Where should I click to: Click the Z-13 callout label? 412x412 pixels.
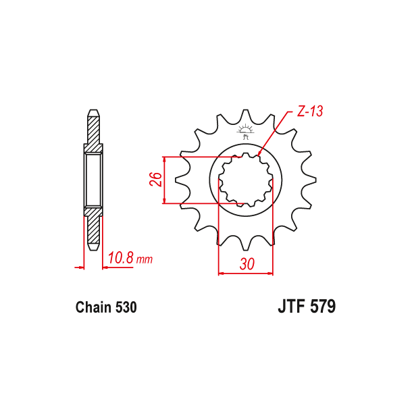point(310,111)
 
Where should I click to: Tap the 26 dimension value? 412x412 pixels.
point(155,180)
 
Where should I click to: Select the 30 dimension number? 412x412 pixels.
point(247,265)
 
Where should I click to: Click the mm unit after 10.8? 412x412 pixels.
point(145,259)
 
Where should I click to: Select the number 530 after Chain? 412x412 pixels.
point(126,307)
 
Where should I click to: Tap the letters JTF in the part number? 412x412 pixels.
point(292,307)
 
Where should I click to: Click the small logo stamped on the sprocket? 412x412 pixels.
point(246,131)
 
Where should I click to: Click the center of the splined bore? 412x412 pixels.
point(246,180)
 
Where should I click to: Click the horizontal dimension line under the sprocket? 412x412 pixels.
point(246,274)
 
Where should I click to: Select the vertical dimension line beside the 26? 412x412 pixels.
point(164,180)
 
